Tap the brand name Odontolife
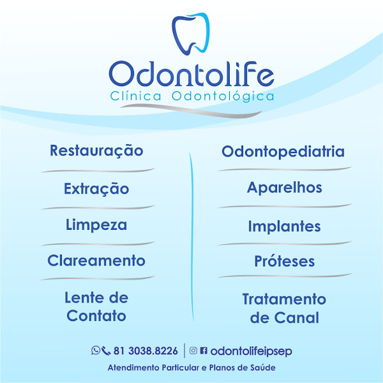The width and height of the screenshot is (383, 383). click(191, 75)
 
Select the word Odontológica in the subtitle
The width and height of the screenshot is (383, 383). click(223, 96)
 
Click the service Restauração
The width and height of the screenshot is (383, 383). click(96, 151)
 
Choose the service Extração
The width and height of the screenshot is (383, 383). click(96, 189)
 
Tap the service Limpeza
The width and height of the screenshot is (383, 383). click(96, 225)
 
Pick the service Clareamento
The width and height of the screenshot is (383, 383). click(96, 261)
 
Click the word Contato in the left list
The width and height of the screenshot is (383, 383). click(96, 316)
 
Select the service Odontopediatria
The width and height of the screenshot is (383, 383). click(283, 152)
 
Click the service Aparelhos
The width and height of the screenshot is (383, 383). click(284, 188)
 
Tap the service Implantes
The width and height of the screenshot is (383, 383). click(284, 227)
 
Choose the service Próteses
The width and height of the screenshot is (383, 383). click(284, 262)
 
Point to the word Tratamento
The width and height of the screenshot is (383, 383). click(284, 299)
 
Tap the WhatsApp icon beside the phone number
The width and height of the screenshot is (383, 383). click(96, 350)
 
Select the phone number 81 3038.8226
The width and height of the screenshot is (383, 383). click(146, 351)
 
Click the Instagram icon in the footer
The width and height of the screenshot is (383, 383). click(193, 350)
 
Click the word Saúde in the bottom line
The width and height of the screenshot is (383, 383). click(261, 369)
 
